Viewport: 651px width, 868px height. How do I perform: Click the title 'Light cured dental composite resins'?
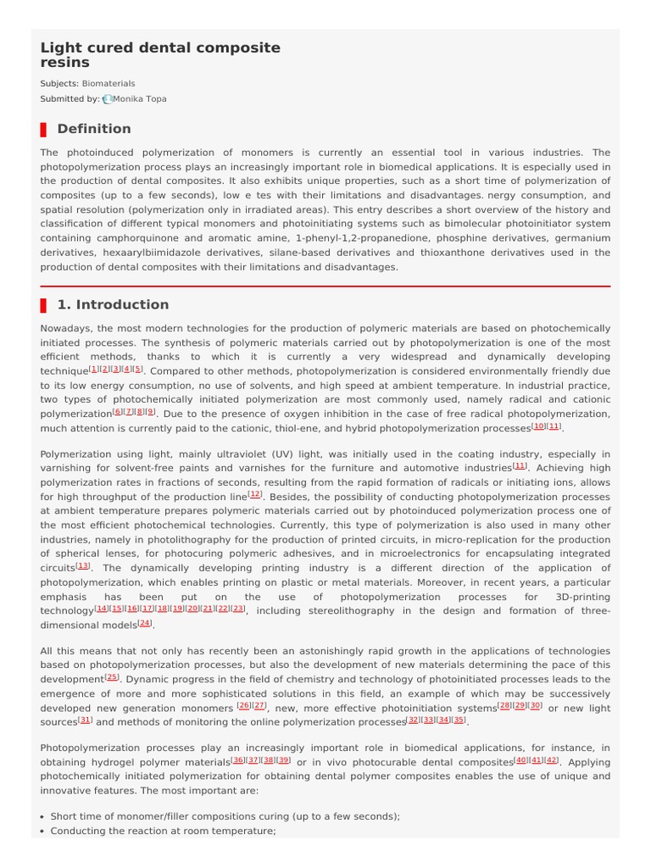pos(160,55)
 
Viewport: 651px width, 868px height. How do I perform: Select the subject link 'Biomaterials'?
pos(108,84)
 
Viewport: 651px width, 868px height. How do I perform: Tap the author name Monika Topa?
pos(140,99)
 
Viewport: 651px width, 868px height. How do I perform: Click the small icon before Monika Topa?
pos(107,99)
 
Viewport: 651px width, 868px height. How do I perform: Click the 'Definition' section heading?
pos(93,129)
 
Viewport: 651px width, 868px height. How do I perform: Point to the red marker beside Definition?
pos(43,129)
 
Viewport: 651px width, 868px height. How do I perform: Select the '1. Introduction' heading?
pos(113,305)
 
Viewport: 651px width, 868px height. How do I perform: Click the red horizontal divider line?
pos(325,287)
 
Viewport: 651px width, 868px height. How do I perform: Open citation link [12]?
pos(256,493)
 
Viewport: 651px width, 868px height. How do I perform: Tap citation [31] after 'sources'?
pos(85,720)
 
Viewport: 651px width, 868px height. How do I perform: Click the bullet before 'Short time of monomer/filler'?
pos(43,816)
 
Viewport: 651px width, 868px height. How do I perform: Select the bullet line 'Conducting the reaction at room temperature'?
pos(163,831)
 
